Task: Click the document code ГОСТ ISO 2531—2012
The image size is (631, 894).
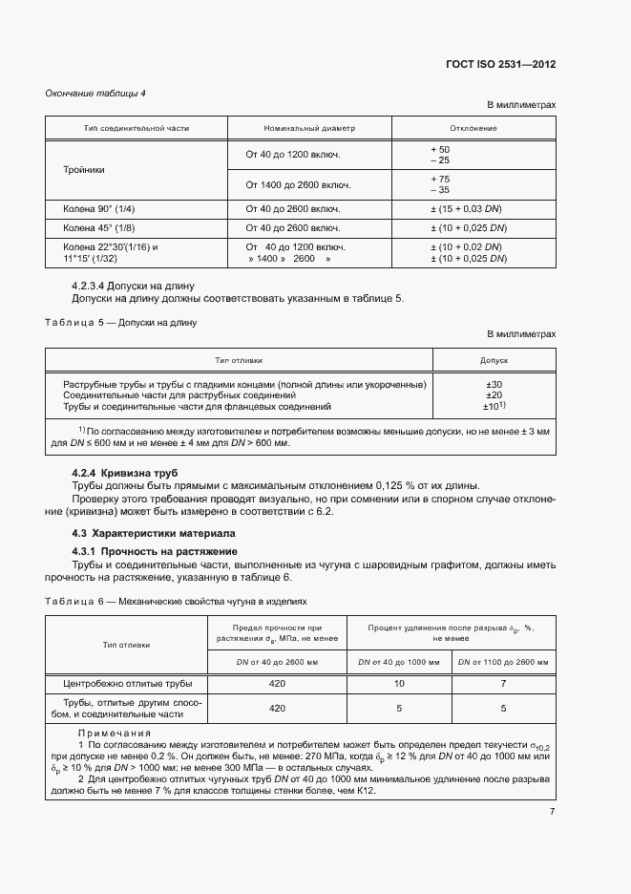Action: (500, 65)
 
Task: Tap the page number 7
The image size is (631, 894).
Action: (552, 785)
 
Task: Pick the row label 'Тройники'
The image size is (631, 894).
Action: (84, 169)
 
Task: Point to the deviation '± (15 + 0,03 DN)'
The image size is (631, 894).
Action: (468, 208)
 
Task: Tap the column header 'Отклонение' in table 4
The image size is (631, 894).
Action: (473, 128)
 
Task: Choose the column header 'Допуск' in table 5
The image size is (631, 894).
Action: (494, 361)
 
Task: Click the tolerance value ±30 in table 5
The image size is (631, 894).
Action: (494, 383)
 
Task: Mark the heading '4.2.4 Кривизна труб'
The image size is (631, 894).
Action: (125, 473)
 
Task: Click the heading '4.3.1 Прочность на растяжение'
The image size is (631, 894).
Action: (155, 552)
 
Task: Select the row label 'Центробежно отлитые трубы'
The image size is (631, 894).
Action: (127, 684)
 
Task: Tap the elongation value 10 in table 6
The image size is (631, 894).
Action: (399, 684)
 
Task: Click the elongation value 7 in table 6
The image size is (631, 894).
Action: (504, 684)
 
